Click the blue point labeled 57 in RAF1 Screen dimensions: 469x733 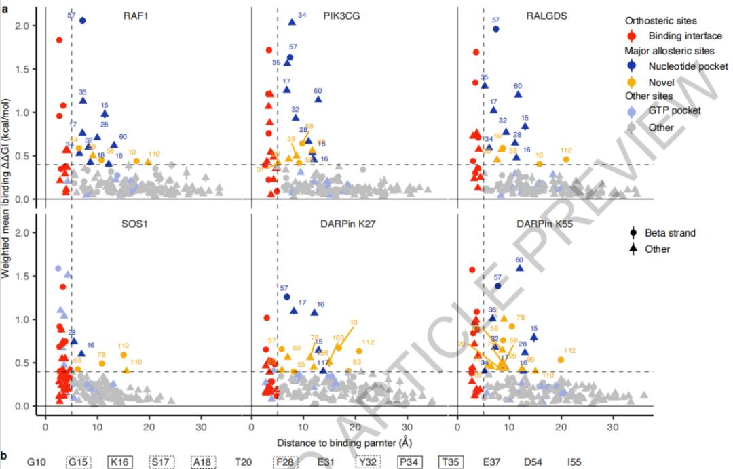[82, 20]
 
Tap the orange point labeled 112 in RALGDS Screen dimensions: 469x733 [566, 159]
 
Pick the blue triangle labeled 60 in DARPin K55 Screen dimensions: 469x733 [520, 268]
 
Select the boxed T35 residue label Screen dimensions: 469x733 [449, 462]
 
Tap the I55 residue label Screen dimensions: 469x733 [574, 462]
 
